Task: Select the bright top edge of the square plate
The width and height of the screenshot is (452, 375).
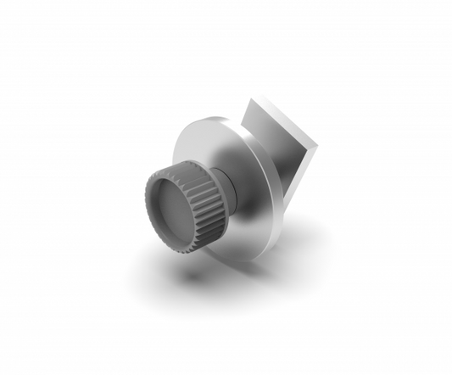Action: point(284,119)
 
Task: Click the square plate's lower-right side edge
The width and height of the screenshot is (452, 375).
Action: point(302,178)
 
